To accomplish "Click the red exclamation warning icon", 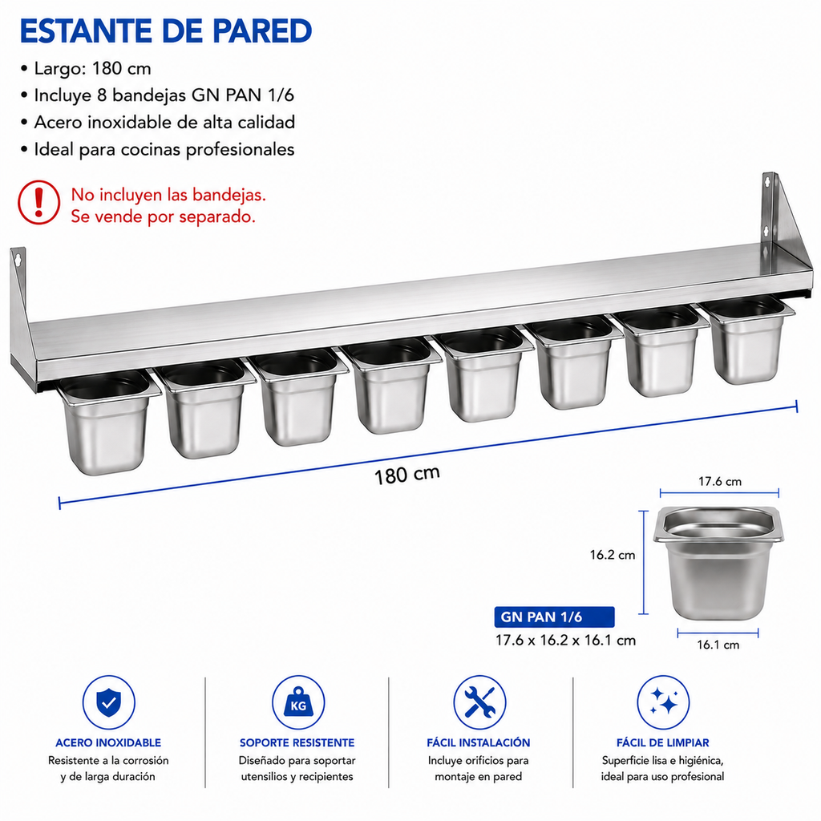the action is pyautogui.click(x=38, y=202).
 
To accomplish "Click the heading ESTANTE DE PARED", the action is pyautogui.click(x=166, y=31).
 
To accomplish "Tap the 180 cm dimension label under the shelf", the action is pyautogui.click(x=406, y=475).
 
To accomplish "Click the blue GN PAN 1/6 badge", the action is pyautogui.click(x=554, y=617).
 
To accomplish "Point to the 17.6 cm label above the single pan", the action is pyautogui.click(x=720, y=481).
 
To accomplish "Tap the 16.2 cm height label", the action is pyautogui.click(x=612, y=555).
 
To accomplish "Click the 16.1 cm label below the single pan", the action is pyautogui.click(x=718, y=645).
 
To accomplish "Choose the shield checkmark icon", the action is pyautogui.click(x=109, y=702).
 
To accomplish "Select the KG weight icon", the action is pyautogui.click(x=298, y=702).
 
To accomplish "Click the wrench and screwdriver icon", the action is pyautogui.click(x=479, y=702).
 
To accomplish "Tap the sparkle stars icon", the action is pyautogui.click(x=663, y=702).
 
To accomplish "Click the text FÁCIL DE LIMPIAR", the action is pyautogui.click(x=663, y=742).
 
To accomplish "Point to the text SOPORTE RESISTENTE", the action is pyautogui.click(x=297, y=742).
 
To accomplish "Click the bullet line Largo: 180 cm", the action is pyautogui.click(x=87, y=69).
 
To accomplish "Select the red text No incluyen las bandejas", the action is pyautogui.click(x=168, y=195).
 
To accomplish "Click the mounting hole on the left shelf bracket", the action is pyautogui.click(x=18, y=259).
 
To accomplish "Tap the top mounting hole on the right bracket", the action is pyautogui.click(x=768, y=182).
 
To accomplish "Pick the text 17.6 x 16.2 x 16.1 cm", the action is pyautogui.click(x=565, y=641).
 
